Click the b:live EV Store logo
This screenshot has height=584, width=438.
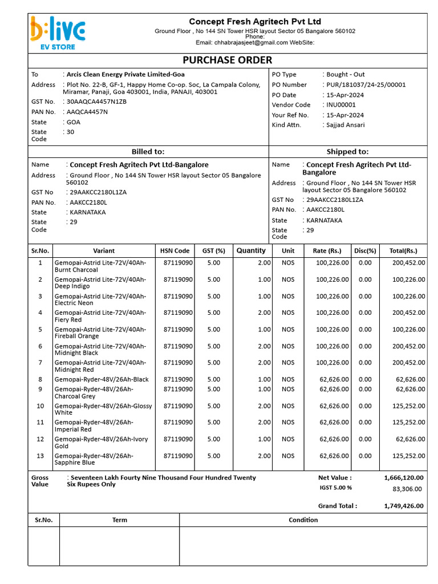pyautogui.click(x=58, y=33)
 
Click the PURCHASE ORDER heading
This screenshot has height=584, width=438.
pyautogui.click(x=227, y=60)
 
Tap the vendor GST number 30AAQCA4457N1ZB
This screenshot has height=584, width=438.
pyautogui.click(x=96, y=102)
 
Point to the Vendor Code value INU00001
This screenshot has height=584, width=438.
pyautogui.click(x=341, y=105)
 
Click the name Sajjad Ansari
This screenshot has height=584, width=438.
pyautogui.click(x=346, y=125)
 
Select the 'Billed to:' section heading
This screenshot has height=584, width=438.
pyautogui.click(x=148, y=152)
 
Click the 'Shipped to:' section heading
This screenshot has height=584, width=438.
pyautogui.click(x=347, y=152)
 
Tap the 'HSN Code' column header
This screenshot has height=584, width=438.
pyautogui.click(x=175, y=250)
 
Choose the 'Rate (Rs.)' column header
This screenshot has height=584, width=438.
pyautogui.click(x=327, y=250)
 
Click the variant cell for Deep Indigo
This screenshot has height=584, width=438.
pyautogui.click(x=100, y=283)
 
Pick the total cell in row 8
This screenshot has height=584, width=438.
pyautogui.click(x=410, y=379)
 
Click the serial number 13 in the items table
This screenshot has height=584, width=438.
pyautogui.click(x=40, y=456)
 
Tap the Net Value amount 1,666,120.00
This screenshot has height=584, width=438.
pyautogui.click(x=403, y=478)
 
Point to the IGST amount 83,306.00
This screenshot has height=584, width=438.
pyautogui.click(x=407, y=489)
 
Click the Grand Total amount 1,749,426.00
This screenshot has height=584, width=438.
pyautogui.click(x=403, y=506)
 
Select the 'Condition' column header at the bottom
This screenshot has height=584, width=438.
pyautogui.click(x=303, y=520)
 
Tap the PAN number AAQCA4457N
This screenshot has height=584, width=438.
pyautogui.click(x=87, y=112)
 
